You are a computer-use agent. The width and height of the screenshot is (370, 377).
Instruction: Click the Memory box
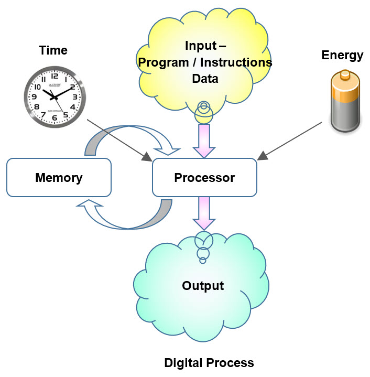coord(59,178)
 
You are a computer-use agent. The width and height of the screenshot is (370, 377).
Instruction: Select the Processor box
coord(204,178)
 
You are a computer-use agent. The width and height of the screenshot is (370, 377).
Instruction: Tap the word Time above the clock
coord(53,51)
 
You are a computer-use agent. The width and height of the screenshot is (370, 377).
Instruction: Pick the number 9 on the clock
coord(33,97)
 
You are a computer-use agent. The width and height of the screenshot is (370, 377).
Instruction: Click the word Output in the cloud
coord(203,286)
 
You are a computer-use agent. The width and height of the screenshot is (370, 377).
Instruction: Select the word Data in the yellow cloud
coord(204,78)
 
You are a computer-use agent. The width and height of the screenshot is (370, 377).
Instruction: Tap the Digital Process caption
coord(209,362)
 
